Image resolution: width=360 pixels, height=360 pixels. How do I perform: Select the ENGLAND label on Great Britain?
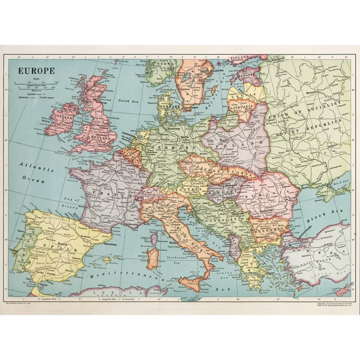100,136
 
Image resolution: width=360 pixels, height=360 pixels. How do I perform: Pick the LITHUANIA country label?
241,107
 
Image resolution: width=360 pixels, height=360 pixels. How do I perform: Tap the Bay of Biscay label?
74,201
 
